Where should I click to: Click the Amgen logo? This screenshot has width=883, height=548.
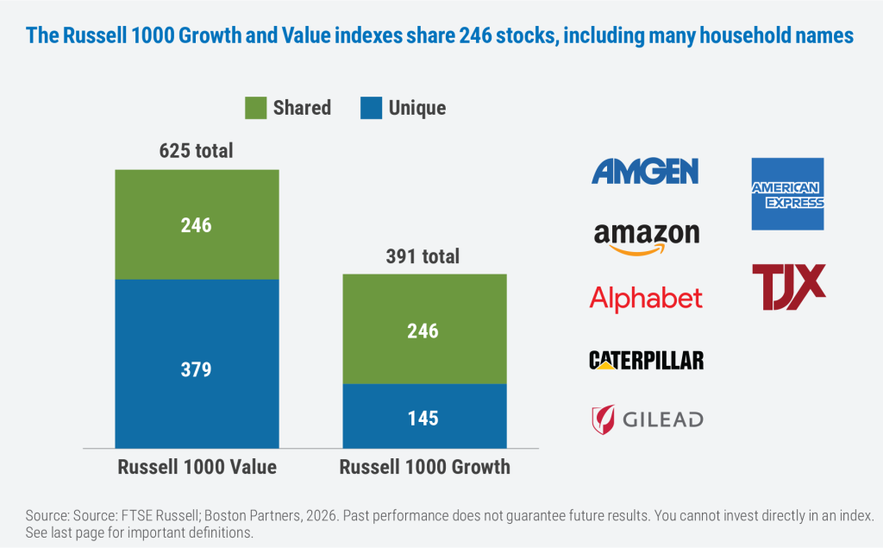point(645,171)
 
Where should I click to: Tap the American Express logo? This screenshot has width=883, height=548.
point(787,194)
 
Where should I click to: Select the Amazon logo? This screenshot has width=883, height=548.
point(647,237)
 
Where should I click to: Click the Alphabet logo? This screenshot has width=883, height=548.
point(646,299)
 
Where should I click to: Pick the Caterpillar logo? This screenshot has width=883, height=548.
point(646,360)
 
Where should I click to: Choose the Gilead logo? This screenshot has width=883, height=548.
point(646,419)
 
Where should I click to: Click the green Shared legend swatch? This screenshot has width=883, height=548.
point(255,108)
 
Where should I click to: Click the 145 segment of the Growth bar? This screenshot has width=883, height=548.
point(424,418)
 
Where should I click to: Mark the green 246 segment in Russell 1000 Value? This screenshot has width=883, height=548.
point(197,224)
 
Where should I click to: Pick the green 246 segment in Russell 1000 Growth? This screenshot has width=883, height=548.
point(424,329)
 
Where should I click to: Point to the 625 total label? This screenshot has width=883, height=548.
point(196,151)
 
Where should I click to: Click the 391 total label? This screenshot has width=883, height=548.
point(423,256)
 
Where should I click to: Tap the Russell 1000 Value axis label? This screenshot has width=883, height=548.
point(197,468)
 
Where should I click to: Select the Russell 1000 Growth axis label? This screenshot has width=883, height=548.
point(424,468)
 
